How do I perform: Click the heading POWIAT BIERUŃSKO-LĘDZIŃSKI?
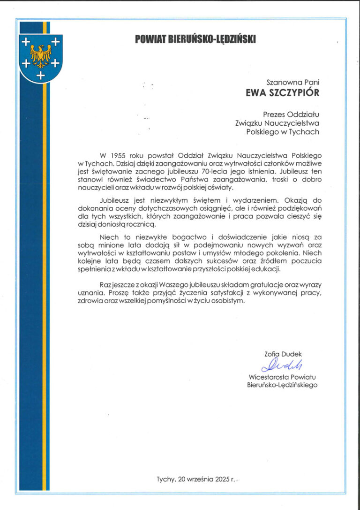[x=195, y=39]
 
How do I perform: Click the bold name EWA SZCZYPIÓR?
[x=282, y=92]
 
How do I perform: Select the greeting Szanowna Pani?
[x=292, y=82]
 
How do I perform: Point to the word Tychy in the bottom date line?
[x=165, y=479]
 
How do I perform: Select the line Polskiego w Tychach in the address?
[x=282, y=132]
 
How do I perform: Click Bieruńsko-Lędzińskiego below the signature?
[x=282, y=385]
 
